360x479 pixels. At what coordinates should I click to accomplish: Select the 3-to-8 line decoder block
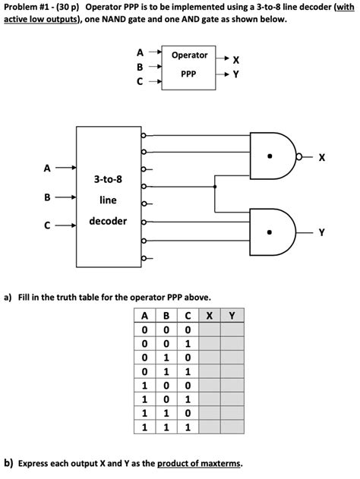pos(108,197)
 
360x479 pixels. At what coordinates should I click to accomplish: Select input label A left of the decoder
pos(47,168)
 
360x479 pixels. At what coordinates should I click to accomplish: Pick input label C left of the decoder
pos(47,225)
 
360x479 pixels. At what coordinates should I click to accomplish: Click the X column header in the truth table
pos(208,316)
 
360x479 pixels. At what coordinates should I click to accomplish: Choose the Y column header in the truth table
pos(232,316)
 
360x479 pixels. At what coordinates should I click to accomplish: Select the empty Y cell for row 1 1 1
pos(232,427)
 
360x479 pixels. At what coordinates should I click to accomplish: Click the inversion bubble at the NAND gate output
pos(302,158)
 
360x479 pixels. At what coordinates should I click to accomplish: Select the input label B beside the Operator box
pos(140,67)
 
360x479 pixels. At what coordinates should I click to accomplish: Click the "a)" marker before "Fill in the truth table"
pos(8,297)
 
